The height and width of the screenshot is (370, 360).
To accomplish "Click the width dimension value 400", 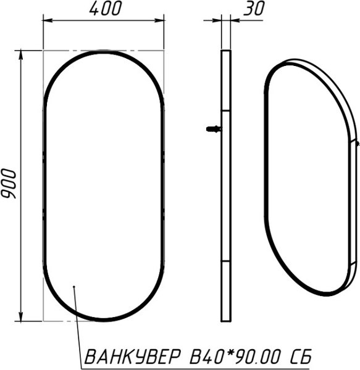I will [x=106, y=9].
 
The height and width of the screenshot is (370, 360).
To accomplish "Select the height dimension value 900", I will [x=9, y=183].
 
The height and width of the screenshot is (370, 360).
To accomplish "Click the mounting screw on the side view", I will [x=214, y=129].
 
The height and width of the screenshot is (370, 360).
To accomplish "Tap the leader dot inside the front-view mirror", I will [x=73, y=287].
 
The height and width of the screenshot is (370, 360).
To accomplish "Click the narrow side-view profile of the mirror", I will [x=225, y=185].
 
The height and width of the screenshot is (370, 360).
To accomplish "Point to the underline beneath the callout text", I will [x=198, y=366].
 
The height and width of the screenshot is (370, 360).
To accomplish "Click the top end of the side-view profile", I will [x=225, y=52].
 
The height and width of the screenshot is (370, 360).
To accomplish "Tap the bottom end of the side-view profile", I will [x=225, y=319].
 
